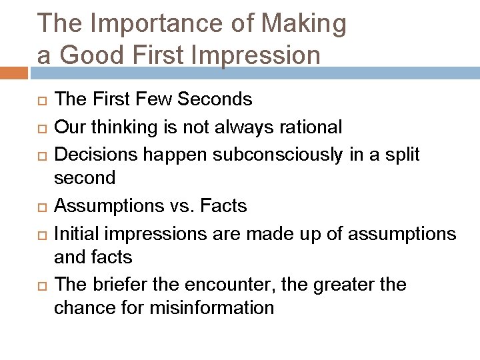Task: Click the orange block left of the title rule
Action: coord(14,72)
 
